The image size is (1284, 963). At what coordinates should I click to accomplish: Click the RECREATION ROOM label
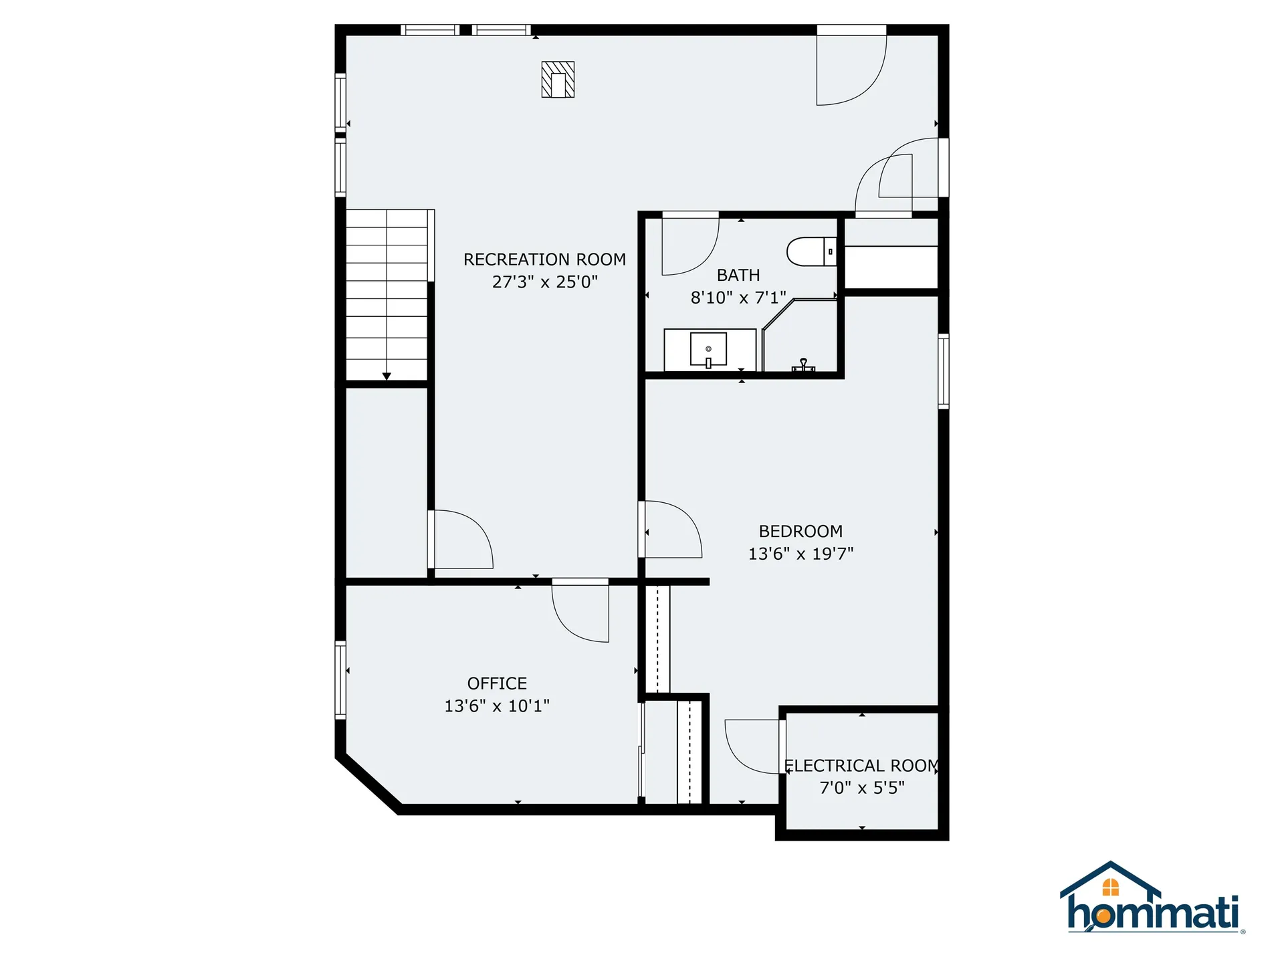[544, 259]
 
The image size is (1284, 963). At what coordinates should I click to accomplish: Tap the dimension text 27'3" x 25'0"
[544, 282]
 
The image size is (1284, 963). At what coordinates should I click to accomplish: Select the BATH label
[738, 276]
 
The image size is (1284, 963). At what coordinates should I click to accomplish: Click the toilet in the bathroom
[810, 252]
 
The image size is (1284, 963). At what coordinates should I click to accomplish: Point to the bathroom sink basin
[708, 349]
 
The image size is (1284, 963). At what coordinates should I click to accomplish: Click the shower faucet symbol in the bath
[803, 365]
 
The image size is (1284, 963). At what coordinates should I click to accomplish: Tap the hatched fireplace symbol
[558, 80]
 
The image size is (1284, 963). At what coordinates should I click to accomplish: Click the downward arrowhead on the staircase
[387, 377]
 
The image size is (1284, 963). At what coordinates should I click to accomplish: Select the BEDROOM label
[800, 532]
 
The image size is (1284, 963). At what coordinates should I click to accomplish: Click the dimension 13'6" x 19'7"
[800, 554]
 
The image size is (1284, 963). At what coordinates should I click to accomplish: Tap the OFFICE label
[497, 683]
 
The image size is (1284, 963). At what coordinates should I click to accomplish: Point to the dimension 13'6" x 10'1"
[497, 706]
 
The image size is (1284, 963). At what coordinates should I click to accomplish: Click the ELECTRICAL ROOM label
[862, 766]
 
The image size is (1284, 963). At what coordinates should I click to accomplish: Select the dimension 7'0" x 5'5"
[862, 788]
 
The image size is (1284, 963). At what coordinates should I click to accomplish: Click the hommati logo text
[1153, 913]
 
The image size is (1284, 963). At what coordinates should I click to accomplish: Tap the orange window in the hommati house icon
[1110, 887]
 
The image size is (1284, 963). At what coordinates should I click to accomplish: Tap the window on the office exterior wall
[340, 680]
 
